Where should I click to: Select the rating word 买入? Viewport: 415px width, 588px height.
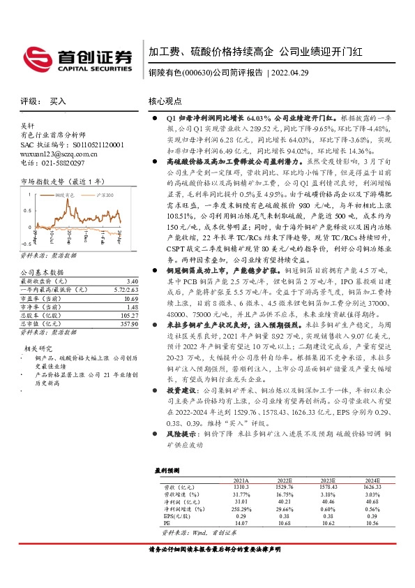coord(58,101)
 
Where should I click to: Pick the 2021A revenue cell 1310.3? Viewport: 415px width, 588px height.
coord(241,487)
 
